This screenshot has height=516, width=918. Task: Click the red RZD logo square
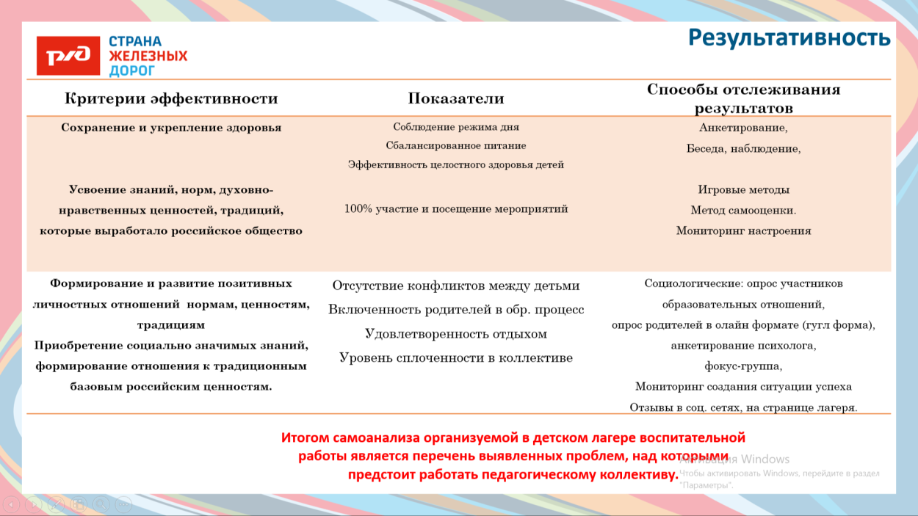pos(68,56)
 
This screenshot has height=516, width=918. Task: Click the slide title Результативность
pos(789,37)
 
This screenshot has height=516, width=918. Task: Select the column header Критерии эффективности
pos(171,98)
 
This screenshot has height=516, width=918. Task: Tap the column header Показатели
pos(456,98)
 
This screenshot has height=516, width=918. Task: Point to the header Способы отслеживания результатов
pos(743,98)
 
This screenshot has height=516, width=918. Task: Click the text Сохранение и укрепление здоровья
pos(171,128)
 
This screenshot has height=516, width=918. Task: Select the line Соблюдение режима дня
pos(456,127)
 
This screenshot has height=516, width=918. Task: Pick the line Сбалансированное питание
pos(456,145)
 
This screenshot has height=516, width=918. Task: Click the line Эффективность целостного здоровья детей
pos(456,165)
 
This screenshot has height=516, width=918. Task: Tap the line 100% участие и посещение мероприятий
pos(456,209)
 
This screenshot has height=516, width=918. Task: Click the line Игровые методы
pos(743,189)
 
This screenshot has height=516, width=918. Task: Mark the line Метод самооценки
pos(743,210)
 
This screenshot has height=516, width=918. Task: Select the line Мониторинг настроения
pos(743,230)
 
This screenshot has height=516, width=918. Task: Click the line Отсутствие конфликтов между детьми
pos(456,286)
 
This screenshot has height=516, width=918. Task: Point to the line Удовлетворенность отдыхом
pos(456,334)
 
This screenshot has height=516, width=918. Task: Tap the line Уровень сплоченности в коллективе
pos(456,358)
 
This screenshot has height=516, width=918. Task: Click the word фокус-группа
pos(743,366)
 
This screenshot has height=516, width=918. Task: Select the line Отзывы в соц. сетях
pos(743,407)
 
